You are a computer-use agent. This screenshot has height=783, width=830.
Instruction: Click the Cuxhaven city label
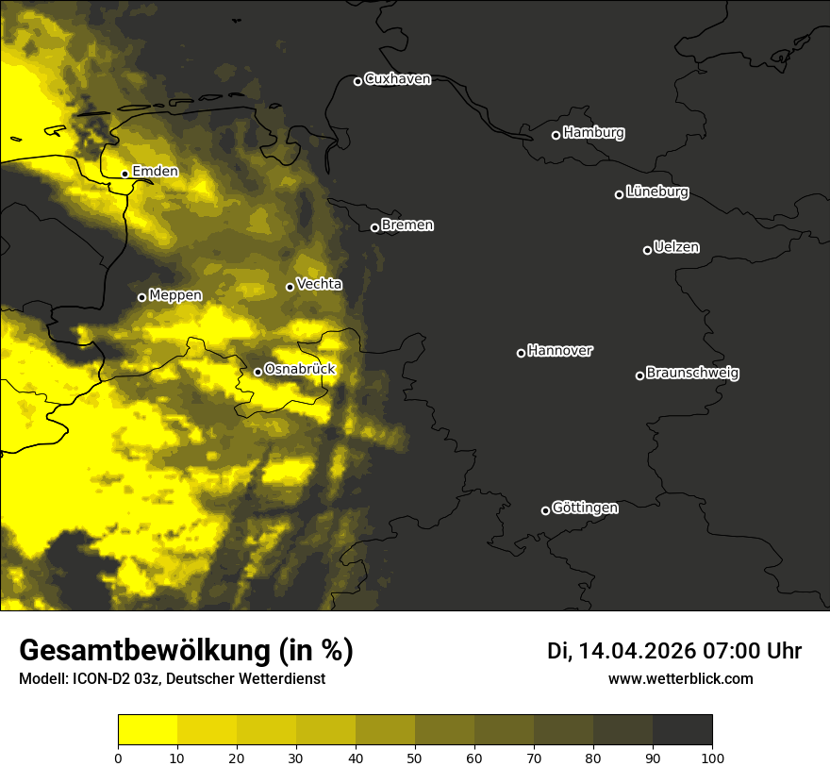coord(397,79)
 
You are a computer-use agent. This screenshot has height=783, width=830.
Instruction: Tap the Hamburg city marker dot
coord(556,135)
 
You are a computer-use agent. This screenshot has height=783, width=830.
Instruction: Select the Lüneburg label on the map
coord(656,192)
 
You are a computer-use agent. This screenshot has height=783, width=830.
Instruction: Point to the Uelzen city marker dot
coord(647,250)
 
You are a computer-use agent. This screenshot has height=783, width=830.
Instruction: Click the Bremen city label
coord(407,225)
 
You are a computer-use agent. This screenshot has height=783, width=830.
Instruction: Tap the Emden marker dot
coord(124,174)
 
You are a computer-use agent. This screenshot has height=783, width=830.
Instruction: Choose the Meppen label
coord(175,295)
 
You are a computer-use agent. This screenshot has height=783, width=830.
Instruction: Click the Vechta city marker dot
coord(290,287)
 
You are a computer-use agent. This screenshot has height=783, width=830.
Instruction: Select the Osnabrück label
coord(300,370)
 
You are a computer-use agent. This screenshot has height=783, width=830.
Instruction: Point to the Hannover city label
coord(560,351)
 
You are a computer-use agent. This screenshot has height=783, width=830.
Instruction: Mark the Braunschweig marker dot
coord(639,375)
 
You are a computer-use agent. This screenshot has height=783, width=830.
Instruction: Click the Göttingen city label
coord(585,508)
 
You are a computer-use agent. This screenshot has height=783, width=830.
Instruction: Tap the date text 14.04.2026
coord(637,651)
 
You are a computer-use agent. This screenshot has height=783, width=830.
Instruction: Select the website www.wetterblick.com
coord(680,678)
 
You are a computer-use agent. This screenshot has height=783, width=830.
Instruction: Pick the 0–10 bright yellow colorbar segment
coord(147,729)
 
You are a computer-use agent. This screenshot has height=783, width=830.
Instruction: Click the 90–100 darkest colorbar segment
coord(682,729)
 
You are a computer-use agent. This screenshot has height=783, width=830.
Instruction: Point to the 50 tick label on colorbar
coord(415,757)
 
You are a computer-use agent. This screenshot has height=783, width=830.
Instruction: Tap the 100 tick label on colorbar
coord(712,757)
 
